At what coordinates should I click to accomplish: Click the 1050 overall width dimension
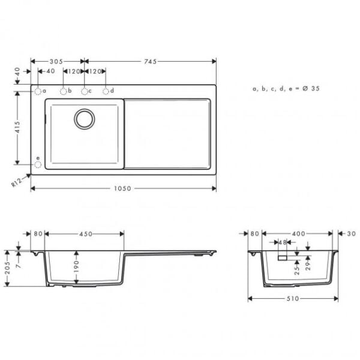click(122, 188)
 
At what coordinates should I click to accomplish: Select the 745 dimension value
click(150, 61)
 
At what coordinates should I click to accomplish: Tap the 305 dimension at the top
click(57, 61)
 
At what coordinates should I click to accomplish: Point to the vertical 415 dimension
click(18, 127)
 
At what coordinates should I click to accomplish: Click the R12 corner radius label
click(17, 183)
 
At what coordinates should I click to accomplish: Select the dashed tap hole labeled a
click(37, 91)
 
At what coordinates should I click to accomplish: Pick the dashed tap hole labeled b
click(62, 91)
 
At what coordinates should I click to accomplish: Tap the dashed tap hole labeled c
click(85, 91)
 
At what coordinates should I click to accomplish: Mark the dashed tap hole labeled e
click(37, 163)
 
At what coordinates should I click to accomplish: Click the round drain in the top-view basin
click(85, 118)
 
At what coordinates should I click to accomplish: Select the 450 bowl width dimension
click(85, 234)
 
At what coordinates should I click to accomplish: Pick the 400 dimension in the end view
click(299, 233)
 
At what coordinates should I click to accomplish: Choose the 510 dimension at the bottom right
click(293, 298)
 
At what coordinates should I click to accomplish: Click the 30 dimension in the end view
click(350, 233)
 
